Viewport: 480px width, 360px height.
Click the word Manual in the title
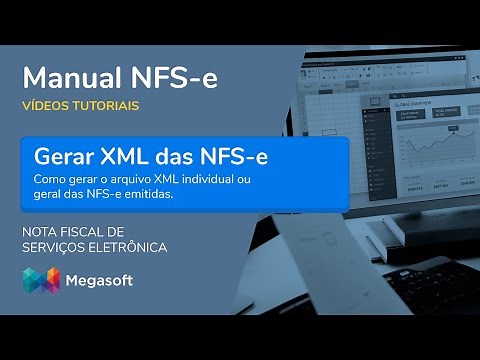click(68, 77)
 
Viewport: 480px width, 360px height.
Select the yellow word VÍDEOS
click(44, 105)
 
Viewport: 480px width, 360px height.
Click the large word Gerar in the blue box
click(66, 157)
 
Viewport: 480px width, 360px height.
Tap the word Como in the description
click(48, 180)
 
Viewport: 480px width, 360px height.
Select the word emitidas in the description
click(148, 194)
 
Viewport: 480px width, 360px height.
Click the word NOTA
click(40, 231)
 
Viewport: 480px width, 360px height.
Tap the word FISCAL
click(85, 231)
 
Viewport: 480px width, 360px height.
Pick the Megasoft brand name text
click(100, 281)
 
